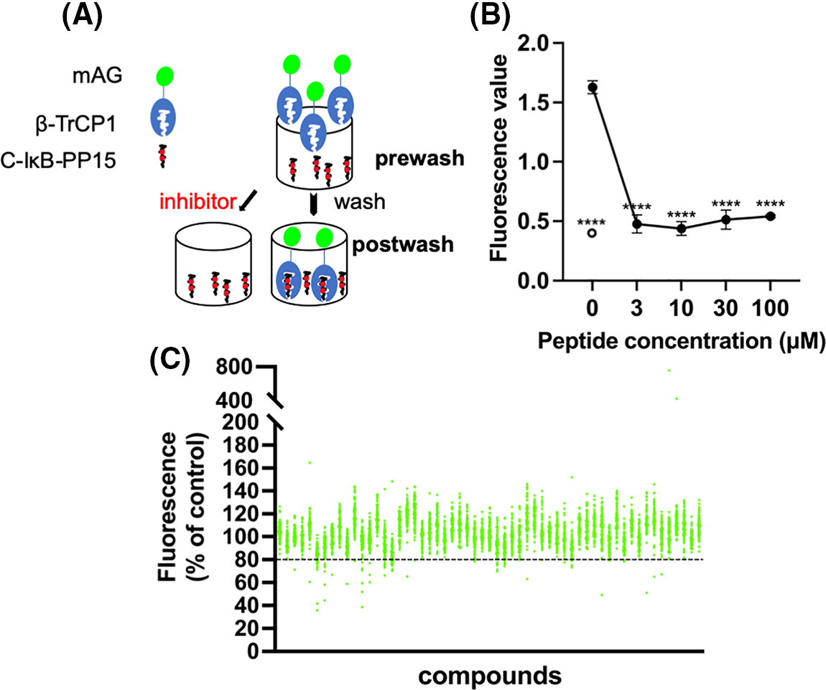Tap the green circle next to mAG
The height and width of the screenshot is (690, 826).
click(x=166, y=74)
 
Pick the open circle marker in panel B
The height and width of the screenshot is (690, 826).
click(x=591, y=233)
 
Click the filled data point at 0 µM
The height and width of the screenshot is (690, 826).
click(x=593, y=87)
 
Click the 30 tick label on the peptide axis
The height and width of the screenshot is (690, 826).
click(x=727, y=309)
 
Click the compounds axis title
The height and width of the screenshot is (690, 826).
click(x=489, y=675)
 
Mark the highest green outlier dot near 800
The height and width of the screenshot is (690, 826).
click(x=669, y=370)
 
